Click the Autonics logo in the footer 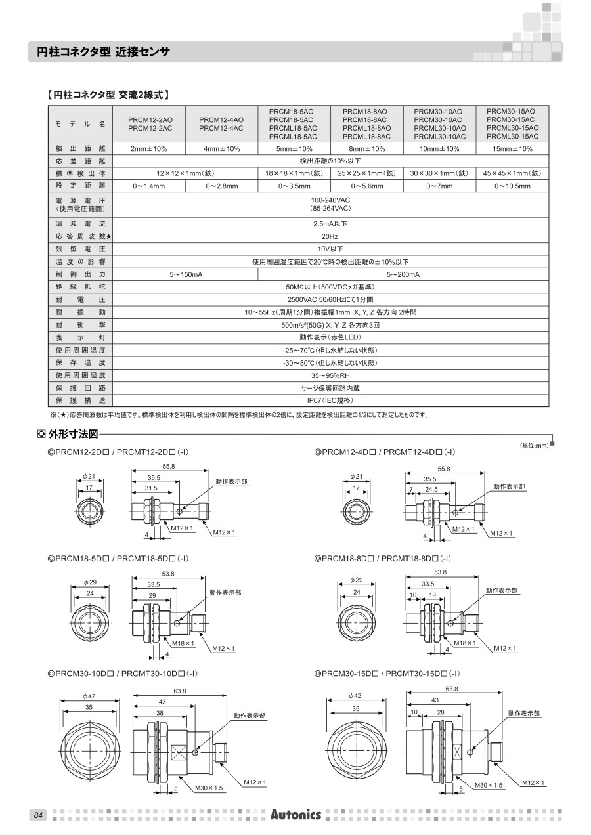pos(295,815)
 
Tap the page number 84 pos(37,815)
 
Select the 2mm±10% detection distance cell pos(149,149)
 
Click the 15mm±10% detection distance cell pos(512,149)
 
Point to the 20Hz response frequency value pos(330,236)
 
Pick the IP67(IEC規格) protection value pos(330,400)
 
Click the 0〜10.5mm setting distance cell pos(512,186)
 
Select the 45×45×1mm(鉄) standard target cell pos(512,173)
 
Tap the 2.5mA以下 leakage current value pos(330,224)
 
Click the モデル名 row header pos(80,123)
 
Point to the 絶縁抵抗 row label pos(80,287)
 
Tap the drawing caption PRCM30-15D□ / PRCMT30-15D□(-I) pos(387,674)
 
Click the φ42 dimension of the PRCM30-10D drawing pos(89,696)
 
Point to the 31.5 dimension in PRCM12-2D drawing pos(152,488)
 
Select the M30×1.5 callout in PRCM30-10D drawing pos(209,788)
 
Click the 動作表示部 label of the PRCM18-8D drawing pos(502,591)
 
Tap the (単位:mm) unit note pos(534,446)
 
